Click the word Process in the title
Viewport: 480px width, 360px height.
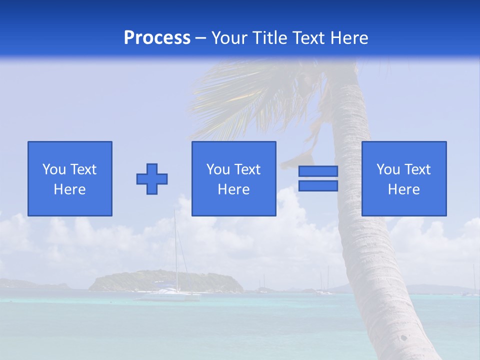coord(157,37)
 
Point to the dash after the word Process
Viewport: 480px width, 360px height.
coord(201,38)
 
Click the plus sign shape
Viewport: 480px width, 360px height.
coord(152,179)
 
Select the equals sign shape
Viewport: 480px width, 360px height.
coord(318,178)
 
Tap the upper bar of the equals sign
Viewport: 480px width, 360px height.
coord(318,171)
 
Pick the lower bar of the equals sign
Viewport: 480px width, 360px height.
coord(318,185)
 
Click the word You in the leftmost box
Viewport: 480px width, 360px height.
coord(54,169)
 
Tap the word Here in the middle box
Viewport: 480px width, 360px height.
coord(233,189)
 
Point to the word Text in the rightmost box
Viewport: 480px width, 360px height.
coord(416,169)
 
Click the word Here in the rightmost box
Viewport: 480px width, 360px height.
coord(403,189)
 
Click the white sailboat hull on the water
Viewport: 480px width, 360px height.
coord(167,296)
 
